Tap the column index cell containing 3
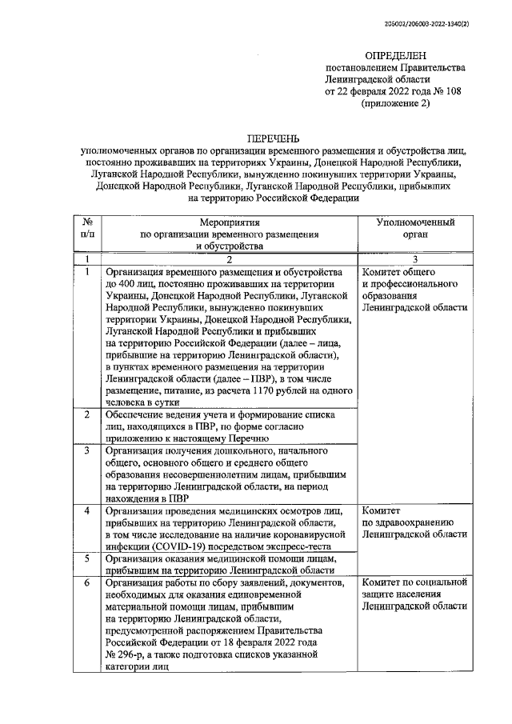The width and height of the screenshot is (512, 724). click(415, 259)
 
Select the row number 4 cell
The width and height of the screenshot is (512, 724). click(86, 510)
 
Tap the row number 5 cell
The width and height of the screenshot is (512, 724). click(86, 558)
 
